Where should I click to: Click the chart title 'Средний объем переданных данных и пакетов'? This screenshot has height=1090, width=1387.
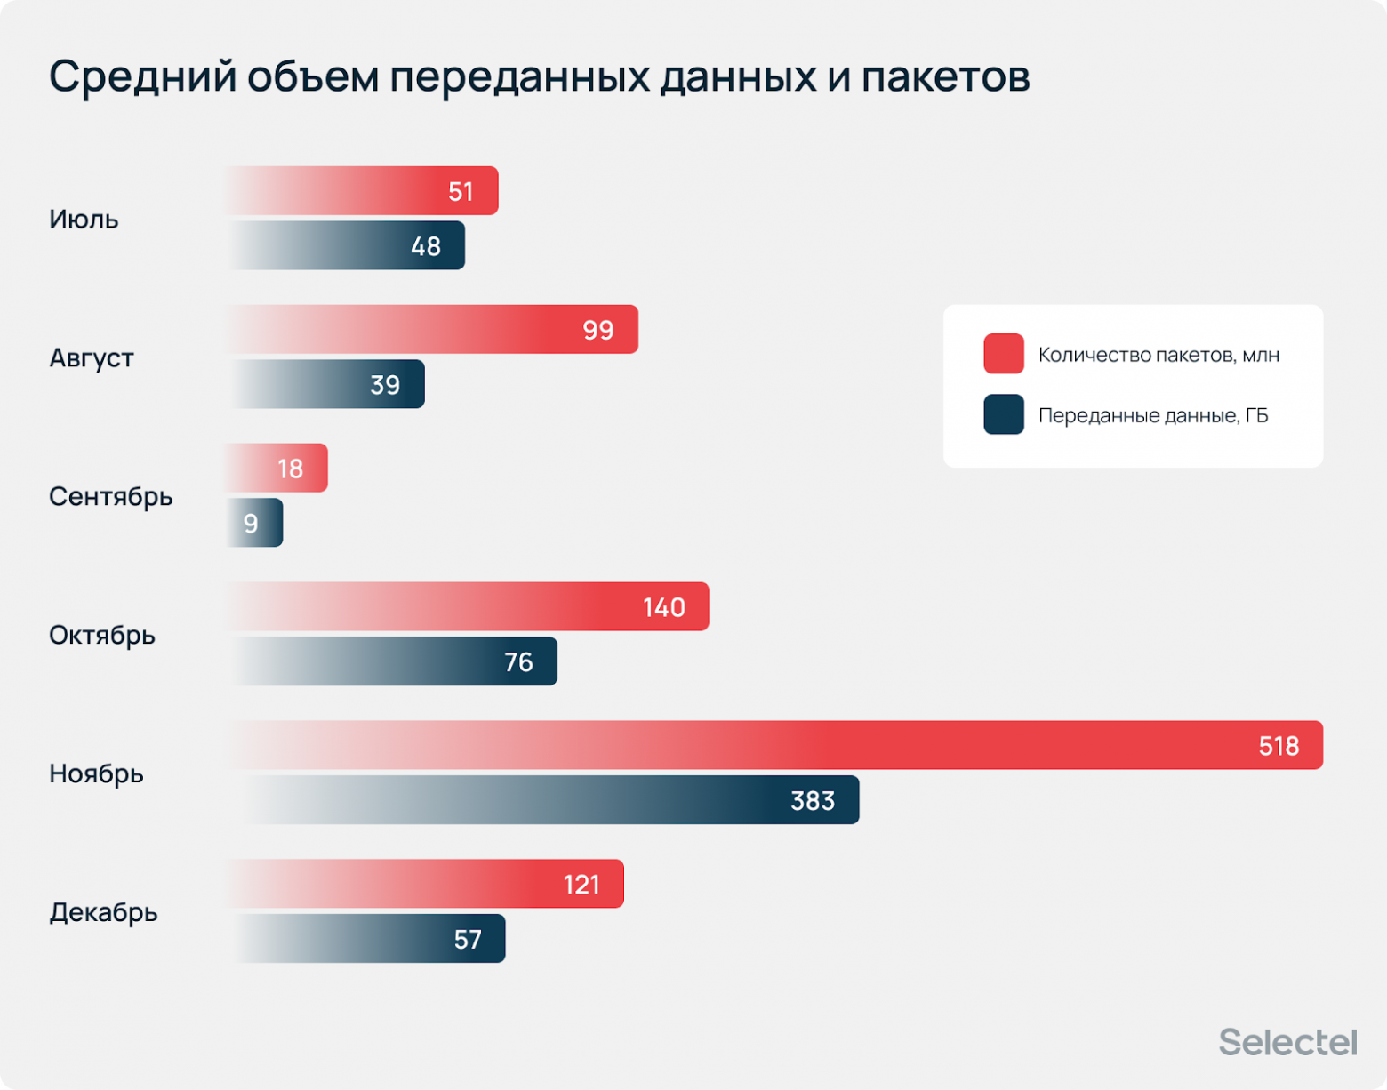pyautogui.click(x=539, y=77)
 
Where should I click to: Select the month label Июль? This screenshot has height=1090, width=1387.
pyautogui.click(x=84, y=219)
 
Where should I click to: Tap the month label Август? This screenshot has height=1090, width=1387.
pyautogui.click(x=91, y=357)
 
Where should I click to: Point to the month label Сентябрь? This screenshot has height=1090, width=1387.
pyautogui.click(x=110, y=496)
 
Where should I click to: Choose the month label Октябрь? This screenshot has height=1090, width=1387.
pyautogui.click(x=101, y=635)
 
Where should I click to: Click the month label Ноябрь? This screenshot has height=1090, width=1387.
pyautogui.click(x=96, y=773)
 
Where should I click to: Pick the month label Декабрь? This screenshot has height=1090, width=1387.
pyautogui.click(x=103, y=912)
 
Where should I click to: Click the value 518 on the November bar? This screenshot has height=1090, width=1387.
pyautogui.click(x=1279, y=746)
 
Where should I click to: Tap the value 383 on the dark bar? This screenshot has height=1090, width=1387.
pyautogui.click(x=813, y=801)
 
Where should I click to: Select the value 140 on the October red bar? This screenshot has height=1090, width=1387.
pyautogui.click(x=663, y=607)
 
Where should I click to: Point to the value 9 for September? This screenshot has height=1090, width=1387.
pyautogui.click(x=251, y=524)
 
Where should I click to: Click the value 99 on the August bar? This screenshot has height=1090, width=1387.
pyautogui.click(x=597, y=330)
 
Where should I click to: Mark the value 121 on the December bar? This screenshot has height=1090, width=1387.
pyautogui.click(x=581, y=885)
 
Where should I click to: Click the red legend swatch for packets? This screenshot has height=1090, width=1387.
pyautogui.click(x=1003, y=354)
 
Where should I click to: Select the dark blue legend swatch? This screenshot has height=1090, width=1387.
pyautogui.click(x=1003, y=414)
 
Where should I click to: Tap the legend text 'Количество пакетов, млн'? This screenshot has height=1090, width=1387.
pyautogui.click(x=1159, y=355)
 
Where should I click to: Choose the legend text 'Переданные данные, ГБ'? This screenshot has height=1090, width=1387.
pyautogui.click(x=1153, y=415)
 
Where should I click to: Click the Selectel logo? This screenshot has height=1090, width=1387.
pyautogui.click(x=1287, y=1042)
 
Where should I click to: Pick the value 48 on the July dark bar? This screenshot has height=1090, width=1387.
pyautogui.click(x=425, y=246)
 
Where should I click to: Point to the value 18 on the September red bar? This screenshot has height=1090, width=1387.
pyautogui.click(x=290, y=469)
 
